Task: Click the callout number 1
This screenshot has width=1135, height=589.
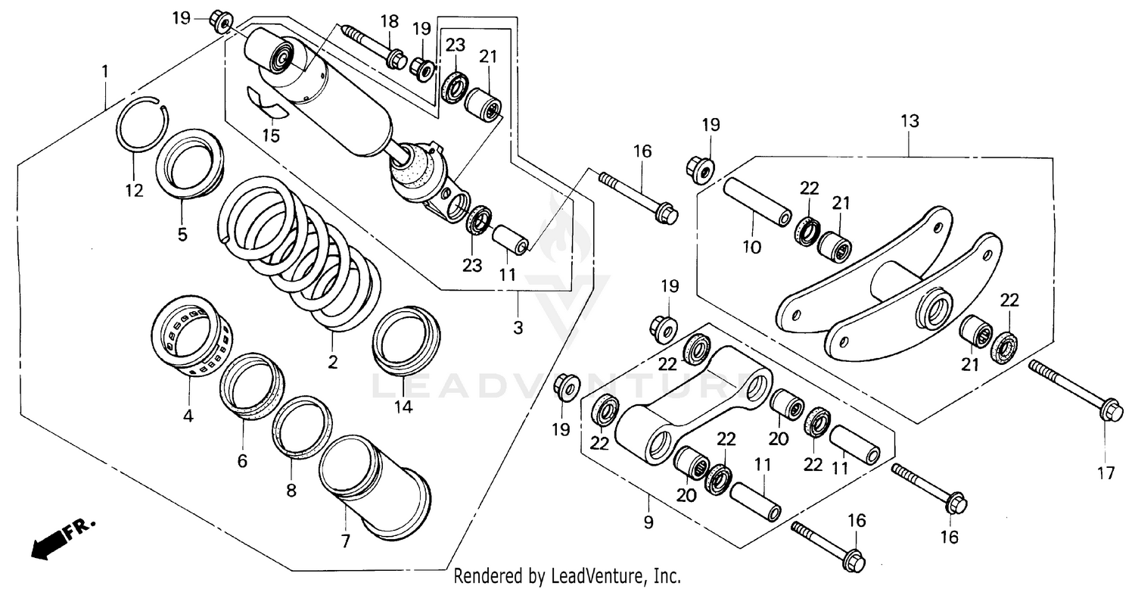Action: (x=105, y=72)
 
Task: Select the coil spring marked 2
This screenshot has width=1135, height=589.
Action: (x=299, y=254)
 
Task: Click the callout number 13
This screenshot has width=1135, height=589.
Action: (x=909, y=121)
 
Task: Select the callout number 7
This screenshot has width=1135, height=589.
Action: (x=346, y=541)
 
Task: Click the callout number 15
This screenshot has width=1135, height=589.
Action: (x=271, y=136)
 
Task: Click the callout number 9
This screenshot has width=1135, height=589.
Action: (x=648, y=522)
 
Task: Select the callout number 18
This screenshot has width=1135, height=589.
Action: (x=389, y=20)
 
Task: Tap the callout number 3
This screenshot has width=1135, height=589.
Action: (x=518, y=329)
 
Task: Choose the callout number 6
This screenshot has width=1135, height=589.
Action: (x=242, y=460)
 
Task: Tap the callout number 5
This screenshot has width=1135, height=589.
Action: (x=182, y=234)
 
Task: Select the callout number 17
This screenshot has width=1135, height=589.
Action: (x=1105, y=474)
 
